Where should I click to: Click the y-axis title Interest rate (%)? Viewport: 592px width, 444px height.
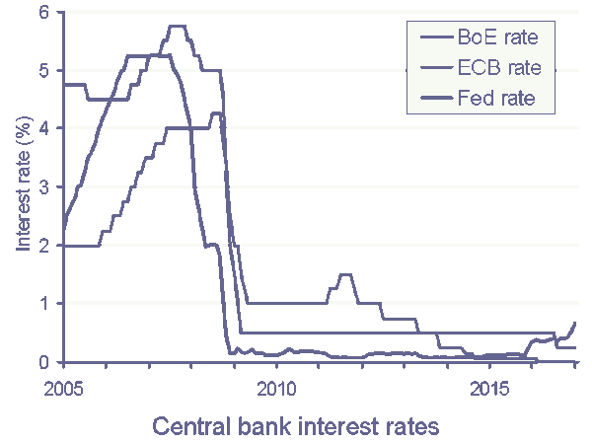coord(22,187)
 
